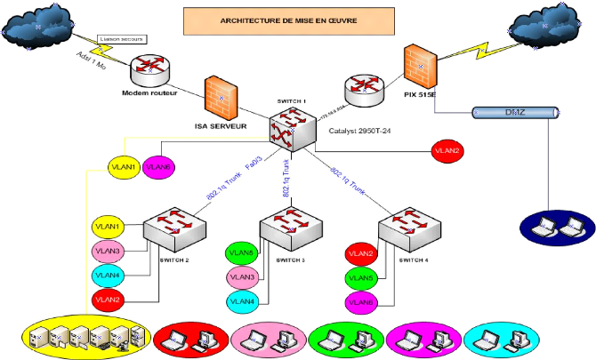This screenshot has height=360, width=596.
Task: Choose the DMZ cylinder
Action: coord(515,113)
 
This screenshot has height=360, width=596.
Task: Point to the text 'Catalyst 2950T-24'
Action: coord(361,132)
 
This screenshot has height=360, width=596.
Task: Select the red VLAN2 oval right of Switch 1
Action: coord(447,150)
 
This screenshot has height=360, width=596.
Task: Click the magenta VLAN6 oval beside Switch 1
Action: coord(159,165)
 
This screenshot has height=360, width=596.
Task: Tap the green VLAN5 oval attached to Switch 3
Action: coord(243,253)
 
